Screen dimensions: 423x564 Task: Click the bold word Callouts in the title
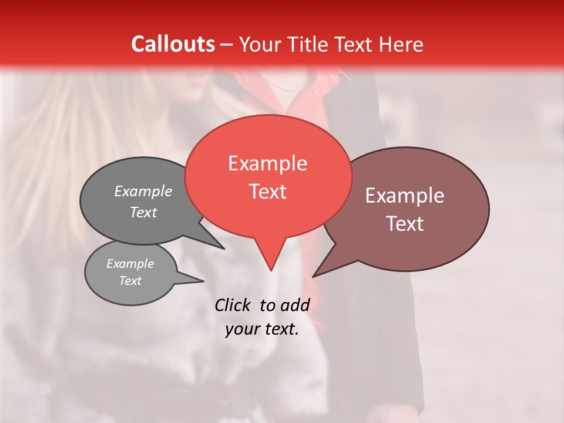coord(173,44)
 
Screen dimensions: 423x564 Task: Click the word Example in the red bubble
coord(267,163)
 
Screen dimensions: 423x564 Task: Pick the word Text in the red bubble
coord(267,192)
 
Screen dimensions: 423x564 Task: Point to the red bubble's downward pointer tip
coord(271,270)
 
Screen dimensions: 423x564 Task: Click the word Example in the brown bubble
coord(405,196)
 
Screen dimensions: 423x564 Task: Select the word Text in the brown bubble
coord(405,224)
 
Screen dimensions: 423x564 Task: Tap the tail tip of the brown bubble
coord(313,277)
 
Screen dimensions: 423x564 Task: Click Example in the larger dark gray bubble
coord(143,191)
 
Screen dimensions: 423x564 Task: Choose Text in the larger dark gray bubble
coord(143,212)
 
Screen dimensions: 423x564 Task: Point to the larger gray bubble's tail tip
coord(224,249)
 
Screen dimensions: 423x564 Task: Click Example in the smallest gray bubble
coord(130,264)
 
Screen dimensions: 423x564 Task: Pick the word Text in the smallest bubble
coord(130,281)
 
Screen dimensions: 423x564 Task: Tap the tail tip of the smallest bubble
coord(204,281)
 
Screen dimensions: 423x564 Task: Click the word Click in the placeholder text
coord(232,305)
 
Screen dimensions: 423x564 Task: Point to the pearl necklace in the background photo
coord(282,85)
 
